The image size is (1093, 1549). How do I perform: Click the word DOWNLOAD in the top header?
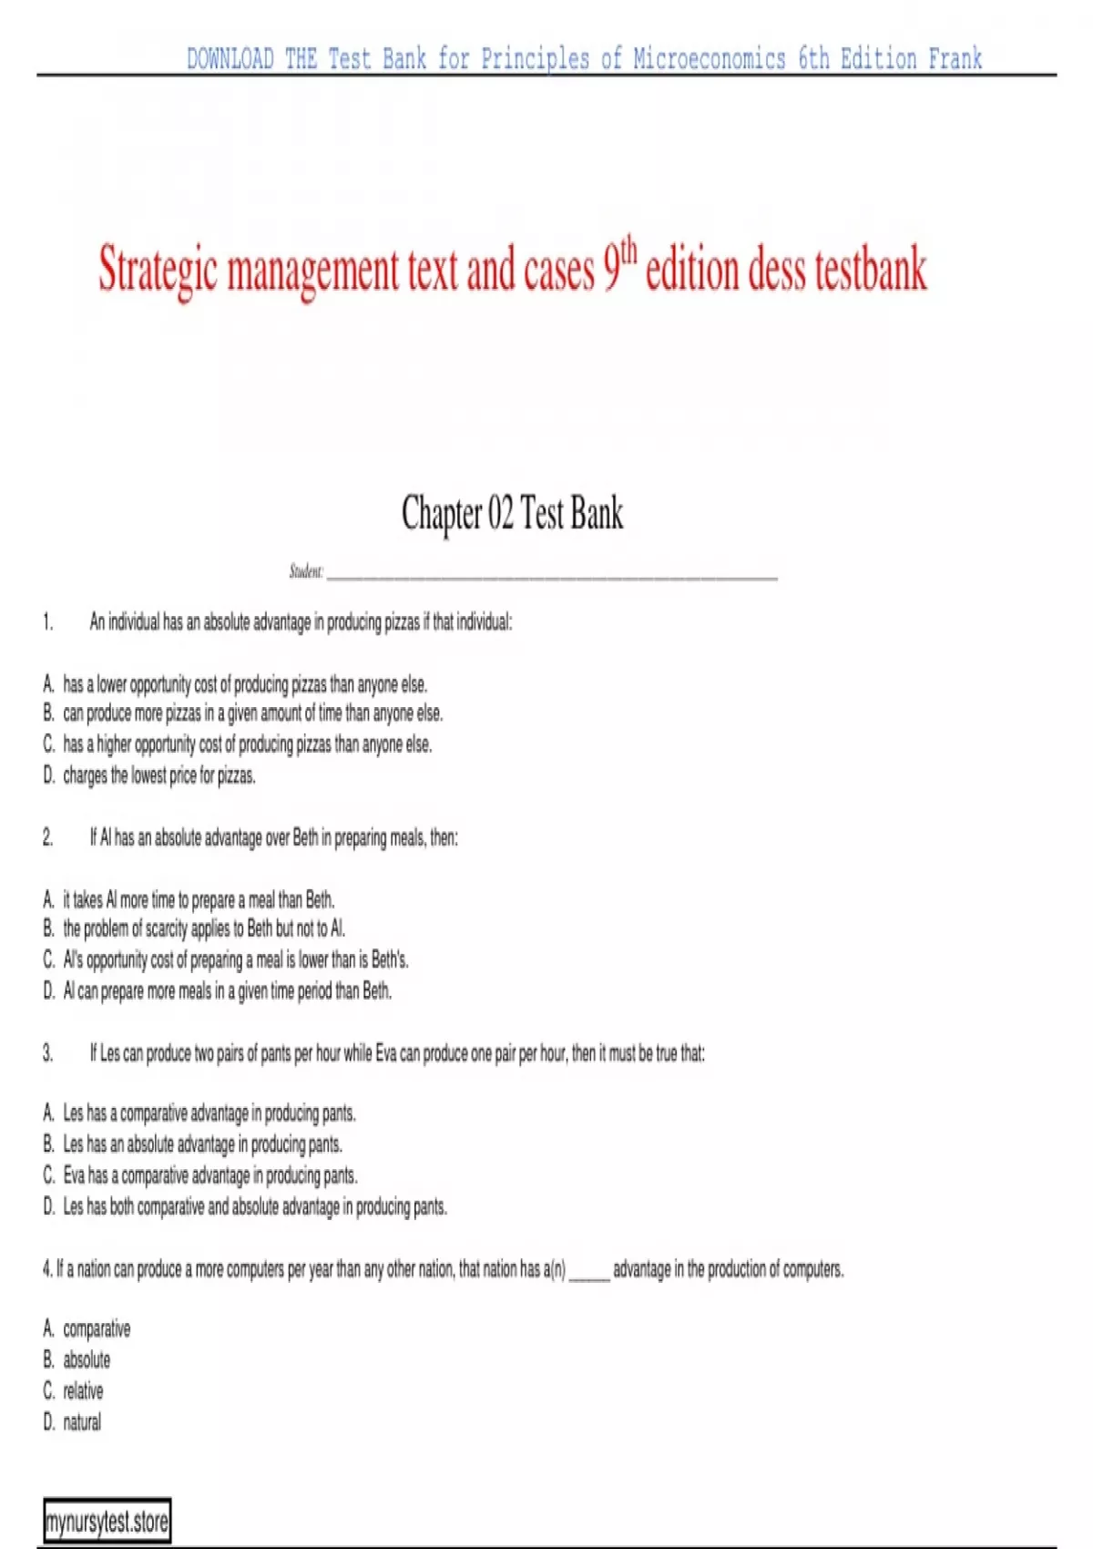coord(230,59)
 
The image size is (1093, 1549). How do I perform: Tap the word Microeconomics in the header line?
coord(709,59)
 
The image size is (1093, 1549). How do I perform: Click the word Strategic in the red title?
coord(158,271)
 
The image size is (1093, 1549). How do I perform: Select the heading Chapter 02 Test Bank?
coord(512,513)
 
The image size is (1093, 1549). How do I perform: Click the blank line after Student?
coord(551,573)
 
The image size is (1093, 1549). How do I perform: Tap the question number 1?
coord(48,622)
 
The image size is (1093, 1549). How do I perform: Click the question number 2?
coord(48,837)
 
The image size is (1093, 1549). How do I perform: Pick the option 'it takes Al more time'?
coord(198,900)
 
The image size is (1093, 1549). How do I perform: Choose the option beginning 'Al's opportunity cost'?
coord(235,960)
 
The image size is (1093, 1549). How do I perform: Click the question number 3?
coord(48,1054)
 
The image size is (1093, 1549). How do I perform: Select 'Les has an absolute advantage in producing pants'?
coord(202,1144)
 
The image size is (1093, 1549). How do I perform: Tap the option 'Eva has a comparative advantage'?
coord(209,1175)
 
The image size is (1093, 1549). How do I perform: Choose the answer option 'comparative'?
coord(97,1329)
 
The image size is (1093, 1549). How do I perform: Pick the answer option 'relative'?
coord(83,1391)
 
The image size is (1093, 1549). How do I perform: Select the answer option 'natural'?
coord(82,1422)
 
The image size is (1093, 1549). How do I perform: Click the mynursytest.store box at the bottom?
coord(107,1522)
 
